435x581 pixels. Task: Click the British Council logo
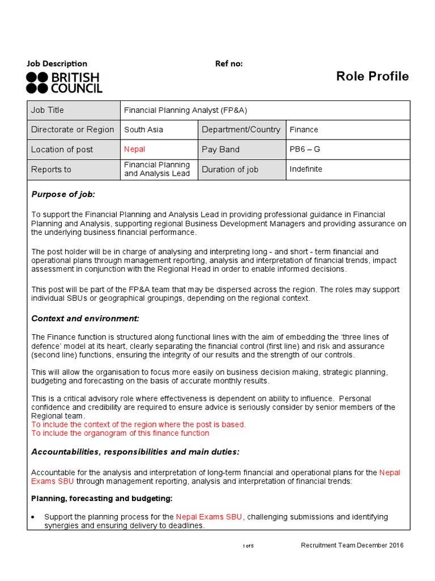[64, 82]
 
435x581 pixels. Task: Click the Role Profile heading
[372, 77]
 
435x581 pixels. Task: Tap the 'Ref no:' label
[229, 64]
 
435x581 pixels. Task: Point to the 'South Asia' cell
[144, 129]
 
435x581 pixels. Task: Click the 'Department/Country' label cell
[241, 129]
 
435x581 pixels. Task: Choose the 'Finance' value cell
[304, 129]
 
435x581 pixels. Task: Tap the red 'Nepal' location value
[135, 149]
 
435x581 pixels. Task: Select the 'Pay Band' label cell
[221, 149]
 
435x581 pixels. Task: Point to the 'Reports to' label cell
[51, 169]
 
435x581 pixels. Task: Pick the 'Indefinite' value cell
[306, 169]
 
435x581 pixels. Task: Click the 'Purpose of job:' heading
[63, 195]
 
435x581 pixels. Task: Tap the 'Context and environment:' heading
[85, 318]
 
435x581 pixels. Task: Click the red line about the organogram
[120, 433]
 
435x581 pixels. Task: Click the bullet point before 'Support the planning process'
[34, 517]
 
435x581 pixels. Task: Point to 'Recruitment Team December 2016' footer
[352, 545]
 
